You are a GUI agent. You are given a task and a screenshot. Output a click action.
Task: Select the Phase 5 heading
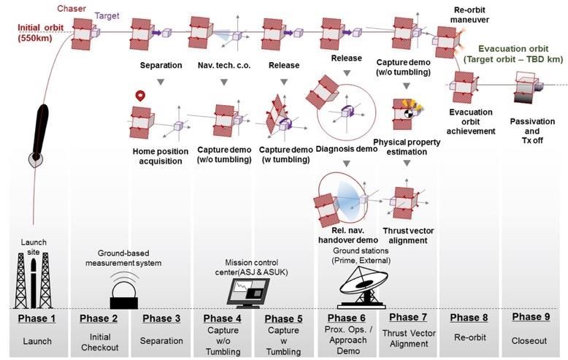coord(282,319)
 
